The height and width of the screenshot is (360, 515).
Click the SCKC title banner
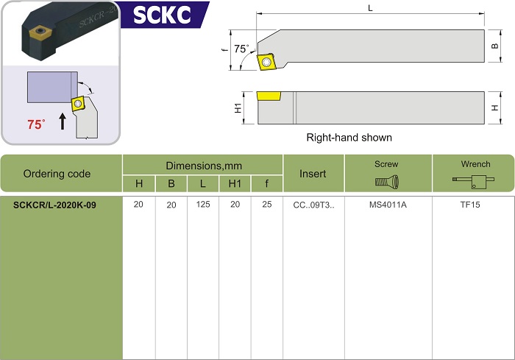tap(163, 15)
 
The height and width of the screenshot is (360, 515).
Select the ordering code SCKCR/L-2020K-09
tap(54, 205)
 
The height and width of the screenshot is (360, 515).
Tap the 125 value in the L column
tap(203, 205)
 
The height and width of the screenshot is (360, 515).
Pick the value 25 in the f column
tap(266, 205)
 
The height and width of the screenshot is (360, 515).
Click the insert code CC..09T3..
tap(313, 205)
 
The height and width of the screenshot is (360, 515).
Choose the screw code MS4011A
tap(388, 205)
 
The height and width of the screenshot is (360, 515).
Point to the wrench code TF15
tap(470, 205)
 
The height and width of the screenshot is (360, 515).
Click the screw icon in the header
tap(387, 182)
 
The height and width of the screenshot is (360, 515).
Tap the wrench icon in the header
tap(473, 182)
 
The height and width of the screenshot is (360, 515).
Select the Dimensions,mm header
tap(204, 166)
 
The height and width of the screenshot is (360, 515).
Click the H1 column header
tap(235, 183)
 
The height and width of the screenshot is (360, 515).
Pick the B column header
tap(171, 183)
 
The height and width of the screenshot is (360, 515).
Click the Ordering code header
tap(57, 174)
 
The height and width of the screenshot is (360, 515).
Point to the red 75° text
tap(36, 124)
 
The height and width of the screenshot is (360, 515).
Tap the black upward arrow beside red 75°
tap(63, 121)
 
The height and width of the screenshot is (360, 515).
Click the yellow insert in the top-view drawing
tap(268, 61)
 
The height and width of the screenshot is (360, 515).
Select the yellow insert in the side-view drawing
tap(269, 96)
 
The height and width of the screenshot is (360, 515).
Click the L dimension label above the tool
tap(370, 8)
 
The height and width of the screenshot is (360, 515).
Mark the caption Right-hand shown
tap(349, 138)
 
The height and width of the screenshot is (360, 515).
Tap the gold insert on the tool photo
tap(39, 32)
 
